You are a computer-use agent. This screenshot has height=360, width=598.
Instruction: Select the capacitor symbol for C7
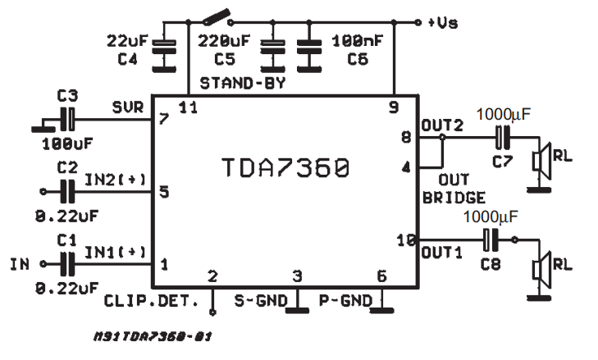501,137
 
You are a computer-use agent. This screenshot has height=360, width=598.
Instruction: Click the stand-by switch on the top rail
216,17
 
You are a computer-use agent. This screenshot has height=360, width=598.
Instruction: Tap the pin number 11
188,107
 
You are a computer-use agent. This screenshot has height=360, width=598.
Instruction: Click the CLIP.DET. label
152,301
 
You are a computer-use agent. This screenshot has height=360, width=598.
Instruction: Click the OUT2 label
441,125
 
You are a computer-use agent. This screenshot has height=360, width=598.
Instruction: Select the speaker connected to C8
540,267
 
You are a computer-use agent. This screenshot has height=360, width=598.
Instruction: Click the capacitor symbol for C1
67,263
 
